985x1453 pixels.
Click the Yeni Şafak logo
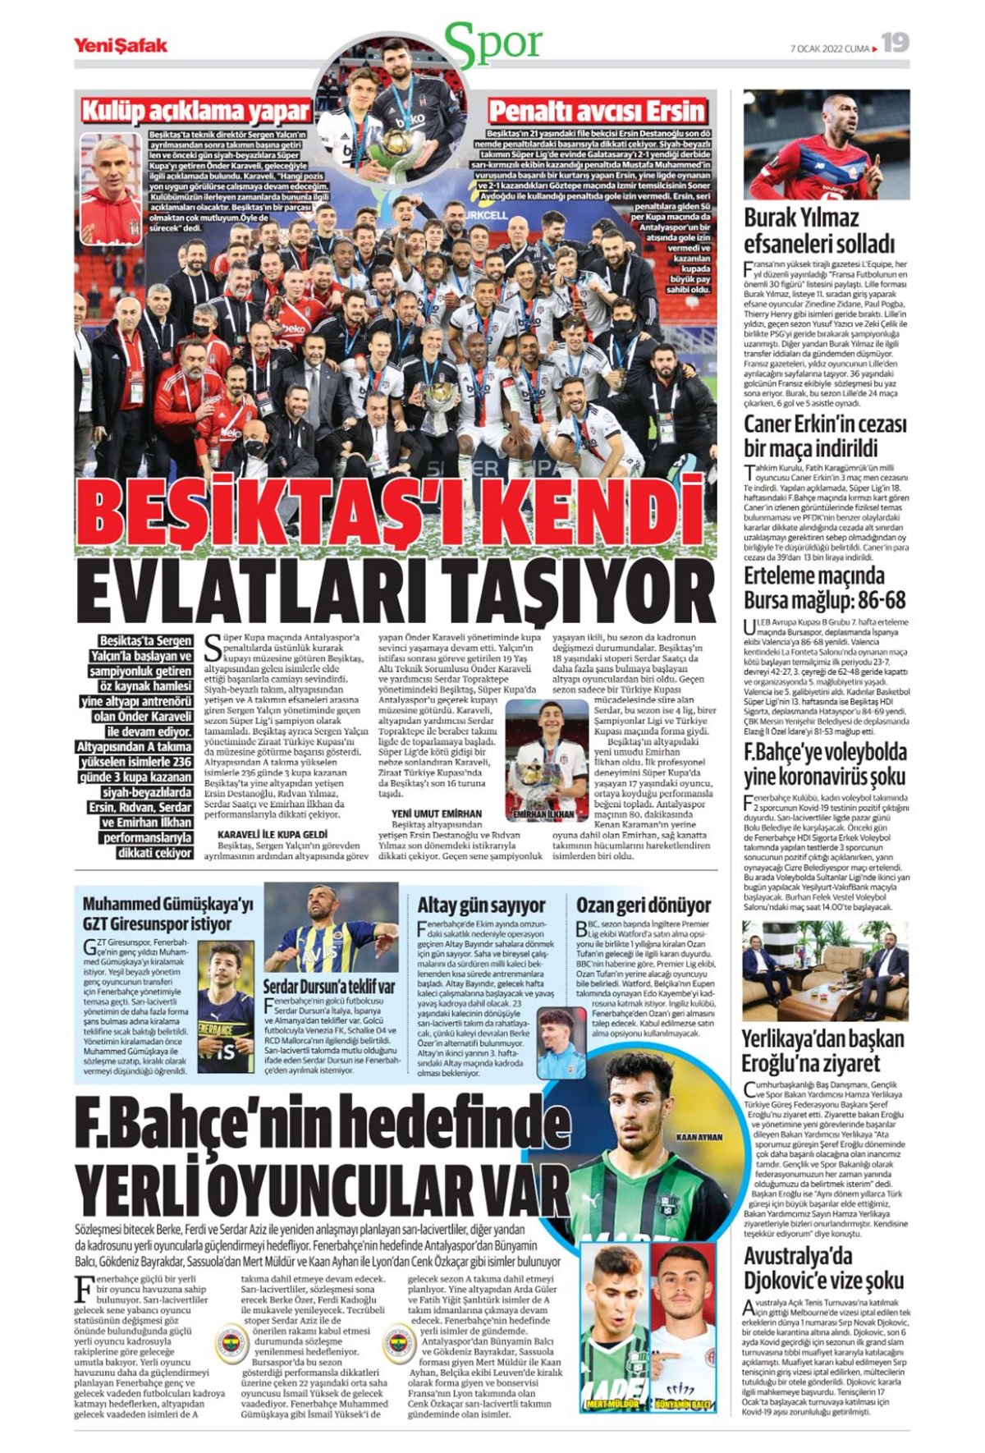[121, 45]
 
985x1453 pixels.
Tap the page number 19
[896, 43]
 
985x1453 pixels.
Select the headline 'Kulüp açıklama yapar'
[195, 111]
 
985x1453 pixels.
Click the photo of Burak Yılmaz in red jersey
[826, 144]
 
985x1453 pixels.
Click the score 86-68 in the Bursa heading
[875, 598]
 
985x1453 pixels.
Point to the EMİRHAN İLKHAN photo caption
[543, 814]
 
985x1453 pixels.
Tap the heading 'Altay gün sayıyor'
[481, 905]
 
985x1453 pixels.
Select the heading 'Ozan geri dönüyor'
[643, 905]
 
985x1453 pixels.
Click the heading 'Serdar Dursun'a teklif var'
[328, 986]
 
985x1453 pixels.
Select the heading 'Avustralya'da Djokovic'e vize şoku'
[823, 1267]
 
